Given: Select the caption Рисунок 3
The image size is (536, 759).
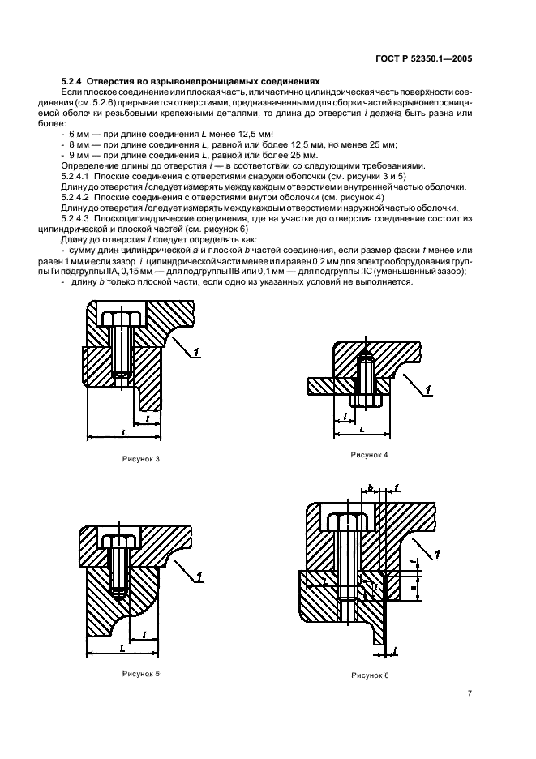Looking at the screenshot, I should (140, 460).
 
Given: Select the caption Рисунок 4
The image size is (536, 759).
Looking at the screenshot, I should (370, 455).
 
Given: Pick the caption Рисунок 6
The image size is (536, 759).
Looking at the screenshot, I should (371, 675).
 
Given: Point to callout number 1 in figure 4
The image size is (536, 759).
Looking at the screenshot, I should (427, 391).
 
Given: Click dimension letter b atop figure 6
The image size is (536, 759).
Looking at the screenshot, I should (370, 488).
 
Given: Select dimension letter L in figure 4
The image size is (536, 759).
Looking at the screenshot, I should (362, 427).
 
